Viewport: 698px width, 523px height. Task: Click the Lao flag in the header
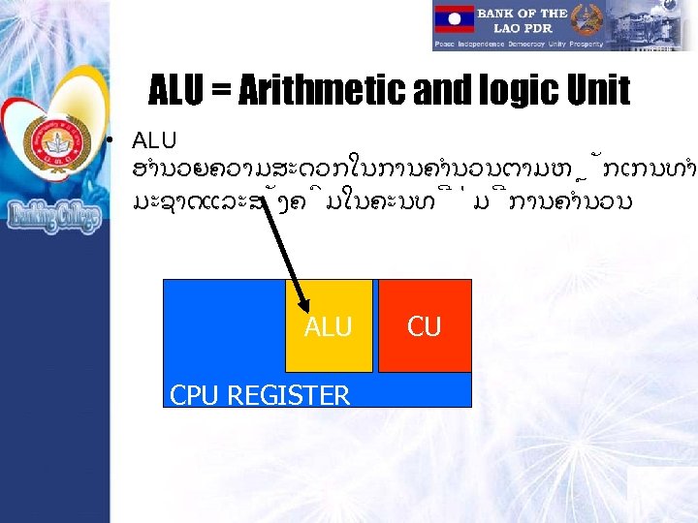coord(455,18)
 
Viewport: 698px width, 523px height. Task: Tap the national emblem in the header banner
coord(588,19)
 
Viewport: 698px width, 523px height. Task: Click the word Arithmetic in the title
coord(329,92)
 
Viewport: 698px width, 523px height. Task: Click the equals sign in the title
coord(221,93)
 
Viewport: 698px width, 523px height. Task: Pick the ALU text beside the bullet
coord(154,141)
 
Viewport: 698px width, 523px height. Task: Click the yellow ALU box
coord(329,326)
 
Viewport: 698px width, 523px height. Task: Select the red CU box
coord(424,326)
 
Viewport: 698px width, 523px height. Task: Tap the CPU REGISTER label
coord(260,394)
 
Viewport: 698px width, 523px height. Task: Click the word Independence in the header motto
coord(494,45)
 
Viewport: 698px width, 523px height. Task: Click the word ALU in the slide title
coord(178,92)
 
